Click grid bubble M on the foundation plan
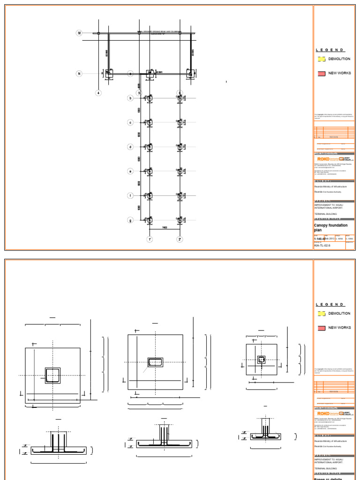[x=79, y=33]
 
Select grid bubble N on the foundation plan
[x=79, y=74]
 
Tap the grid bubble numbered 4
[x=98, y=93]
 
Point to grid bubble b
[x=131, y=98]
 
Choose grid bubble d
[x=131, y=147]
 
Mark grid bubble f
[x=131, y=195]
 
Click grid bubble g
[x=131, y=220]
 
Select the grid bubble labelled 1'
[x=150, y=240]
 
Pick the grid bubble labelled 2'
[x=180, y=240]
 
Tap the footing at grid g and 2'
[x=180, y=220]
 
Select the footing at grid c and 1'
[x=150, y=122]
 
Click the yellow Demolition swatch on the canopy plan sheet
[x=322, y=59]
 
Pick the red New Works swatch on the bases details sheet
[x=322, y=328]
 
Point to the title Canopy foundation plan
[x=330, y=228]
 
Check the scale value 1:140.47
[x=320, y=239]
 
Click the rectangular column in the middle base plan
[x=155, y=362]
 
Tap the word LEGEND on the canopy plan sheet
[x=330, y=50]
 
